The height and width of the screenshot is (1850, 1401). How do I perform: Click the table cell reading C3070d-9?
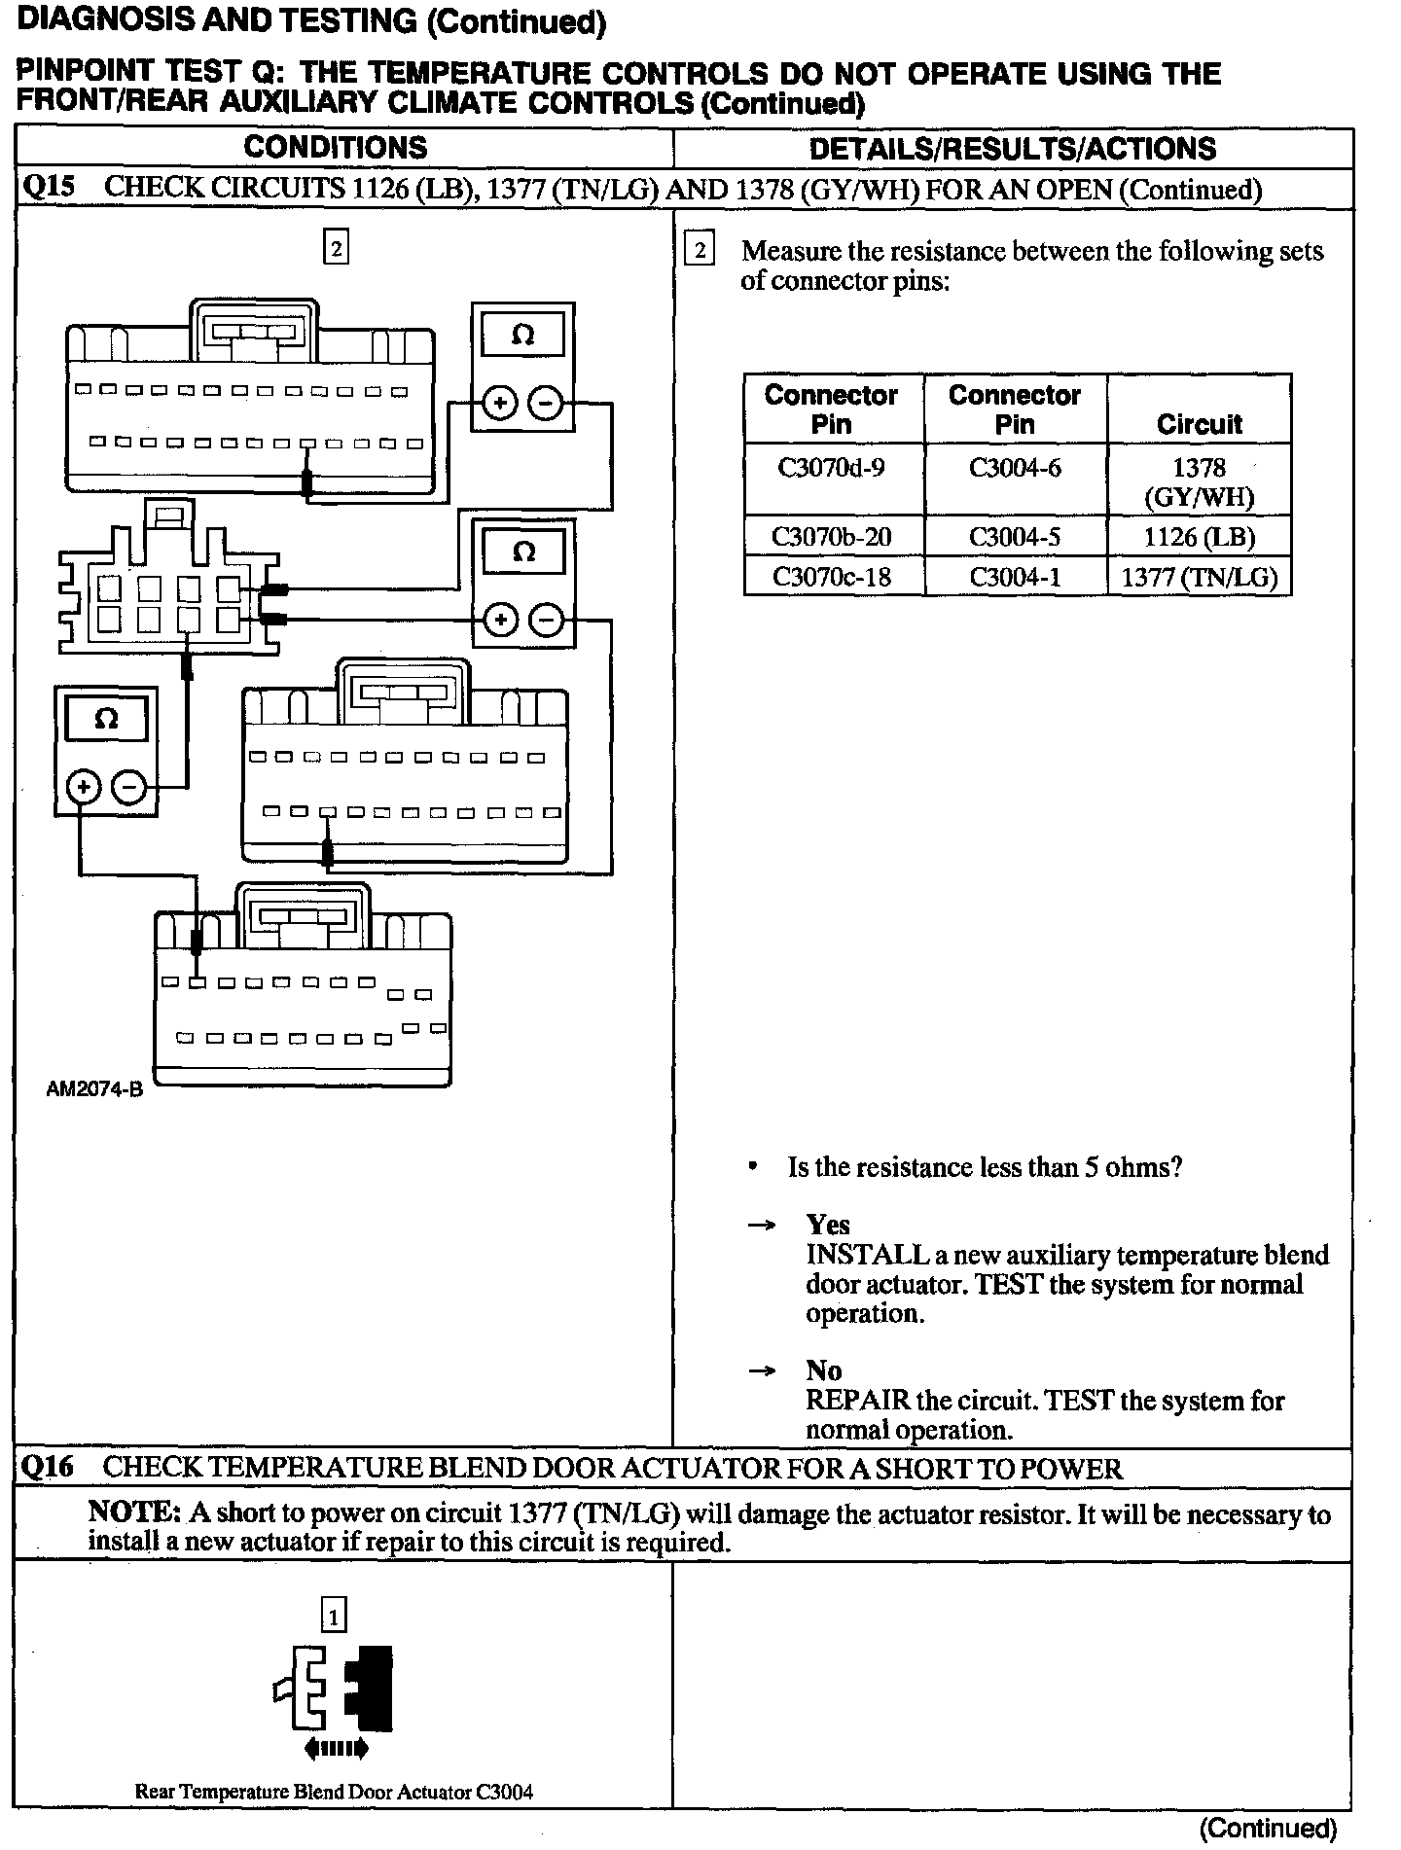click(832, 469)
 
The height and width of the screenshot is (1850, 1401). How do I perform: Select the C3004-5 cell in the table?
click(1015, 537)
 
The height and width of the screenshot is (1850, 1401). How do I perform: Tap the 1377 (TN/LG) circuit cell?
click(1199, 577)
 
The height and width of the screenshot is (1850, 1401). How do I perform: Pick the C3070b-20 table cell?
click(832, 537)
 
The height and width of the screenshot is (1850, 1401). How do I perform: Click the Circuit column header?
click(1199, 424)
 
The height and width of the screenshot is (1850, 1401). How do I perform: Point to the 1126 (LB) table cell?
click(1199, 537)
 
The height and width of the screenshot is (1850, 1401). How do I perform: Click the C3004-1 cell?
click(1015, 577)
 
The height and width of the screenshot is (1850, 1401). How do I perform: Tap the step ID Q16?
click(47, 1468)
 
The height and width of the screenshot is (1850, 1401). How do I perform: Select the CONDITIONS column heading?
click(336, 148)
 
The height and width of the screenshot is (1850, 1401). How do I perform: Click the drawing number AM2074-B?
click(94, 1090)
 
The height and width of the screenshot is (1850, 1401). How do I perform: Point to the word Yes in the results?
click(828, 1225)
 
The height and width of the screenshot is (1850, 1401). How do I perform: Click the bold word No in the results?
click(823, 1370)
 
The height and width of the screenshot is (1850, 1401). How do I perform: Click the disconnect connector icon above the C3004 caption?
click(334, 1691)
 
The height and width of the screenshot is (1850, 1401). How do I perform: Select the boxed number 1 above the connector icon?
click(333, 1617)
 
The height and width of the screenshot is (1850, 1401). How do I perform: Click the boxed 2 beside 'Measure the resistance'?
click(700, 251)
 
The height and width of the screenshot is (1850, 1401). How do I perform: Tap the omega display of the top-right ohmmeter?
click(522, 337)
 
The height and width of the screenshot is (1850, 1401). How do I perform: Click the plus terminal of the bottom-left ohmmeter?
click(84, 787)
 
